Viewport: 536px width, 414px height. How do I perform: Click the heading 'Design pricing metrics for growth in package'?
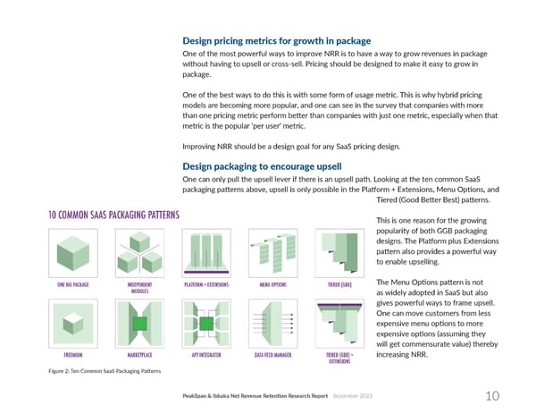(276, 41)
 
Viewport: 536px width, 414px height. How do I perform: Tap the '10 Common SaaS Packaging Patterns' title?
(113, 215)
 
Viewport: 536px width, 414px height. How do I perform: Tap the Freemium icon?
(74, 321)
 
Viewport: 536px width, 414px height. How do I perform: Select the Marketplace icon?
(139, 321)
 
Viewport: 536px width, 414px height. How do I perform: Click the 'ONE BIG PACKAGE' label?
(74, 284)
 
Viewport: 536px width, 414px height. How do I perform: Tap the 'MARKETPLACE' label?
(139, 354)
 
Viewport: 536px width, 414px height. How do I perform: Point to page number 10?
(492, 396)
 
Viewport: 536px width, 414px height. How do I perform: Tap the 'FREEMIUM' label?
(74, 354)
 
